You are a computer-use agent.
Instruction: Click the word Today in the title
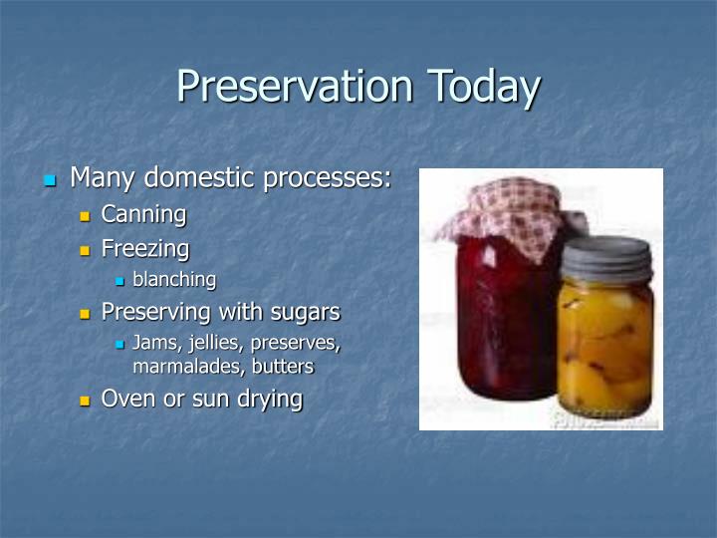click(x=484, y=87)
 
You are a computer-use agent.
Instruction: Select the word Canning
click(x=143, y=214)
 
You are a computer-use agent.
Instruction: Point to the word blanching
click(x=174, y=280)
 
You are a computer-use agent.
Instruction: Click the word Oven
click(x=126, y=400)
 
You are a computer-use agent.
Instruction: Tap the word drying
click(x=268, y=400)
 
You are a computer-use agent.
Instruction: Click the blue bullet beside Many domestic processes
click(x=51, y=180)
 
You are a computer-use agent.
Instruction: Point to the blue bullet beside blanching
click(x=119, y=282)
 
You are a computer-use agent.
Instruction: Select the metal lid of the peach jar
click(x=604, y=260)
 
